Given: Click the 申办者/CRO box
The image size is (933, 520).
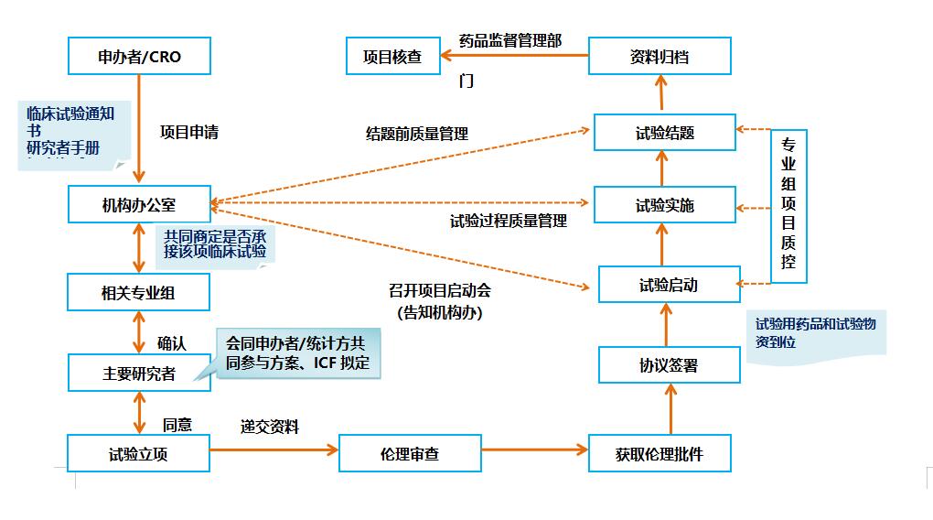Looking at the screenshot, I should pos(139,56).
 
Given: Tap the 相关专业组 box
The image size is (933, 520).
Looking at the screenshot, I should pos(139,293).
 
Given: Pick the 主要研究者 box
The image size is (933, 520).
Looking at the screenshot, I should pos(139,373).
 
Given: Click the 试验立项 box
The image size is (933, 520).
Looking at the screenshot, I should pos(139,452).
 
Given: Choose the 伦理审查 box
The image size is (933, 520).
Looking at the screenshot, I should pos(410,452).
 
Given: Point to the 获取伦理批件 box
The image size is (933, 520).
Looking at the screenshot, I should pos(660,452).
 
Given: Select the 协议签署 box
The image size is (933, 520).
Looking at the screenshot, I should pos(669,364).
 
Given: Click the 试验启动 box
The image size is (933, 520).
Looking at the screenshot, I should pos(669,285).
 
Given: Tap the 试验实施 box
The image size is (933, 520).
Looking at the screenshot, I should pos(665,205).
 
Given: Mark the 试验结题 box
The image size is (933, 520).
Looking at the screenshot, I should pos(665,133).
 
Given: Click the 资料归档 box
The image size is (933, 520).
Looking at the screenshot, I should pos(660,56).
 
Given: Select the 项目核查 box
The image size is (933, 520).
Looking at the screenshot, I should pos(392,56).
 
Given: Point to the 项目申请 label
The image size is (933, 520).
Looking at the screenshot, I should pos(189,132).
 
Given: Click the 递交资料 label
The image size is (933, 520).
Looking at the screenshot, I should pos(270,427).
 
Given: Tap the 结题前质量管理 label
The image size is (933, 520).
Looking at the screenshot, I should pos(417,134).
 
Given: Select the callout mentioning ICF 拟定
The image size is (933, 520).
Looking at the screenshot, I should pos(297,353).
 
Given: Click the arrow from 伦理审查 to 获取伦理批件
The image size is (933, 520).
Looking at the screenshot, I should pos(534,450).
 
